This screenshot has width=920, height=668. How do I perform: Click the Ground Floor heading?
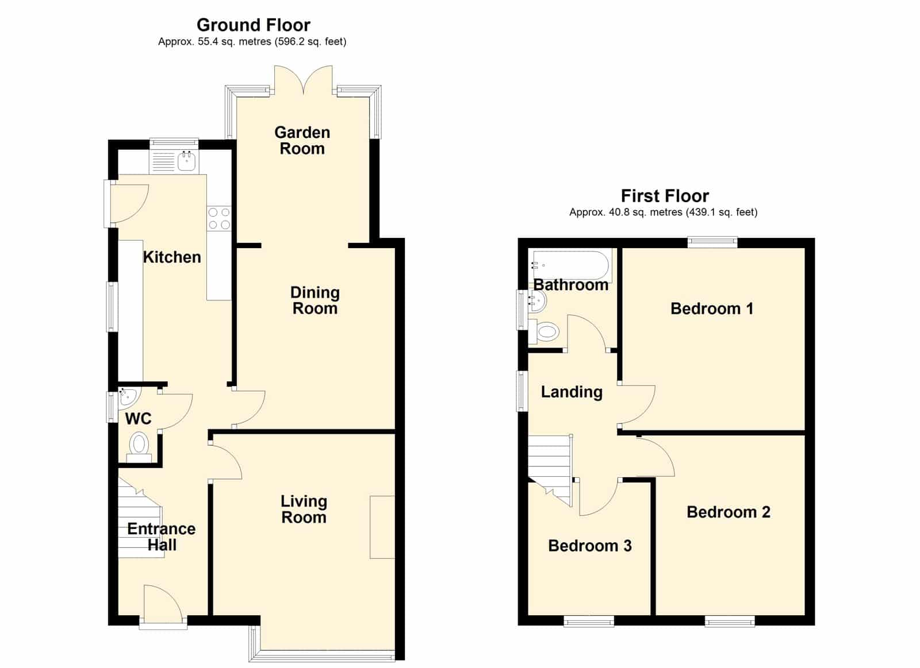coord(254,25)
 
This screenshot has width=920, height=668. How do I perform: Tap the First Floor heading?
coord(665,196)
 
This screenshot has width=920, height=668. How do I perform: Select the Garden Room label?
coord(302,140)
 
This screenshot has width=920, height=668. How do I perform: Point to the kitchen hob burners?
coord(219,218)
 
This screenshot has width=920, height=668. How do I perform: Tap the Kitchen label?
coord(172,257)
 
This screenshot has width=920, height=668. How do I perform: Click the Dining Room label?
coord(315,300)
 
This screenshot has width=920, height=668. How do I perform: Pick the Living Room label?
coord(304,509)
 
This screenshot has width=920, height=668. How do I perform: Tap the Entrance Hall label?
coord(162,536)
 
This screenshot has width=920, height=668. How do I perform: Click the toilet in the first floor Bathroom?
coord(544,331)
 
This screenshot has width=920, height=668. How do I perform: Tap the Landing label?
coord(572,392)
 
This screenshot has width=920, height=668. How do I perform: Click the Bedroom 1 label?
coord(712,308)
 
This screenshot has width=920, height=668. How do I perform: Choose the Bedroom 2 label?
coord(728,512)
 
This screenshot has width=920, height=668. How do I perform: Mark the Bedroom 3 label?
coord(590,546)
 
